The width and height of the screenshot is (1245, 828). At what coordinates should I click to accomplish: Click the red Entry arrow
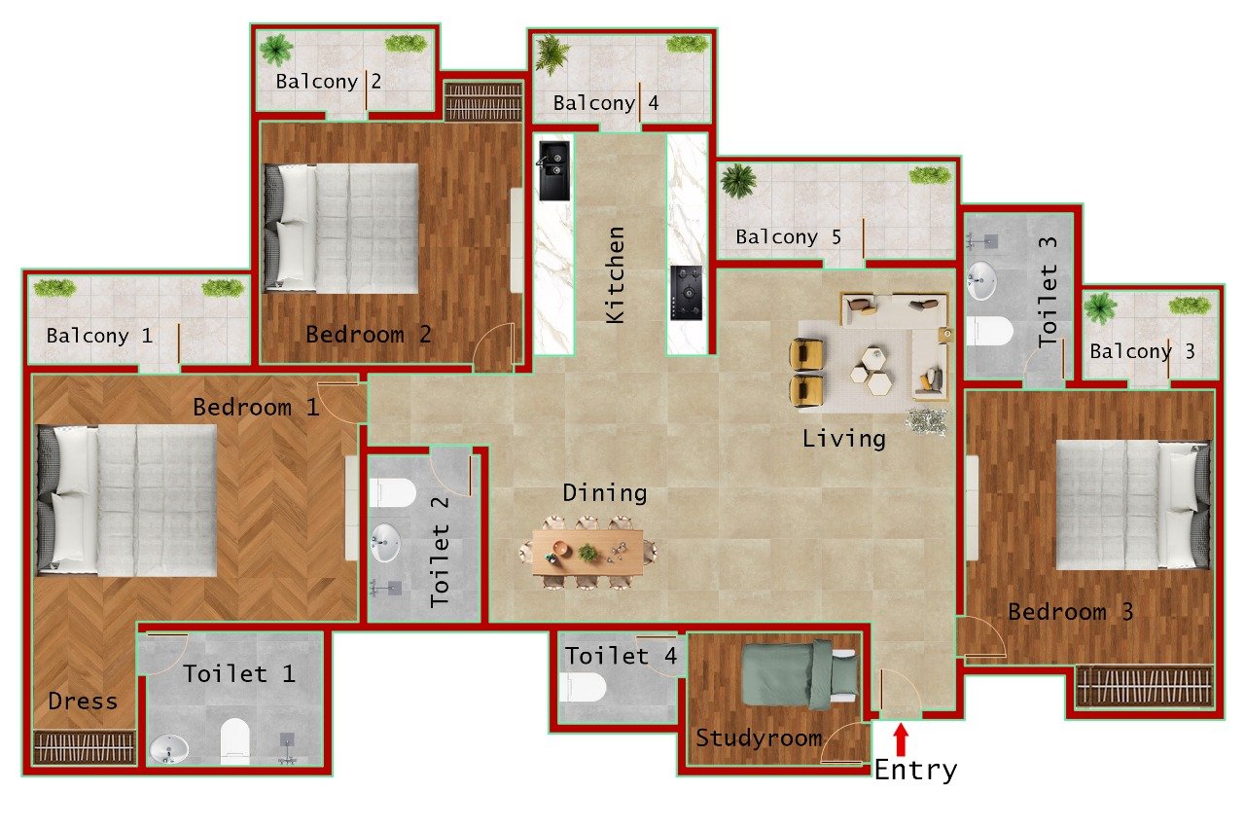coord(902,738)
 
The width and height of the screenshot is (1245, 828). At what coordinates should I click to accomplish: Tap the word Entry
coord(915,771)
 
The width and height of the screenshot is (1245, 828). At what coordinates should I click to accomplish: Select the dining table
coord(587,553)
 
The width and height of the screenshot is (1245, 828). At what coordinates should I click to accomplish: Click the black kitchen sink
coord(554,170)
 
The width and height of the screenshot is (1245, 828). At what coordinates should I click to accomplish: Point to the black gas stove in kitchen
coord(687,291)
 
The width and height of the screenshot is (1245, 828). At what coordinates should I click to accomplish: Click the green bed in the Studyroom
coord(800,673)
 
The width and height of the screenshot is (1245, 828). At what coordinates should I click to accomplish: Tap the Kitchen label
coord(616,275)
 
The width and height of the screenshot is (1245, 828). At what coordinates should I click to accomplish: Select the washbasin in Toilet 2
coord(386,543)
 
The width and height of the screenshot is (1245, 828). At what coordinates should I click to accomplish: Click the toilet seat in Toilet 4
coord(584,688)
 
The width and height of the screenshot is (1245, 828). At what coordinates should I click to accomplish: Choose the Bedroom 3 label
coord(1070,613)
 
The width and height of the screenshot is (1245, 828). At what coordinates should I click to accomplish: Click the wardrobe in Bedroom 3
coord(1145,687)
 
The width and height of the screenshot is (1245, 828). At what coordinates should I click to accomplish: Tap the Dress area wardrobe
coord(84,746)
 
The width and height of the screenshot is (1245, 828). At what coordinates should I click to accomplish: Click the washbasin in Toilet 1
coord(170,749)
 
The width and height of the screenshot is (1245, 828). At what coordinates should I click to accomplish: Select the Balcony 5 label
coord(788,236)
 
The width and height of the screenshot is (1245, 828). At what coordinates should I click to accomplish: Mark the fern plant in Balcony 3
coord(1100,307)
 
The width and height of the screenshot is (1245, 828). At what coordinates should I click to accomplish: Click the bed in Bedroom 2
coord(341,229)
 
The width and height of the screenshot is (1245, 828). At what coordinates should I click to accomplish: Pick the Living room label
coord(843,439)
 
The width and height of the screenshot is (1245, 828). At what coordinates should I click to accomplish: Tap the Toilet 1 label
coord(238,673)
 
